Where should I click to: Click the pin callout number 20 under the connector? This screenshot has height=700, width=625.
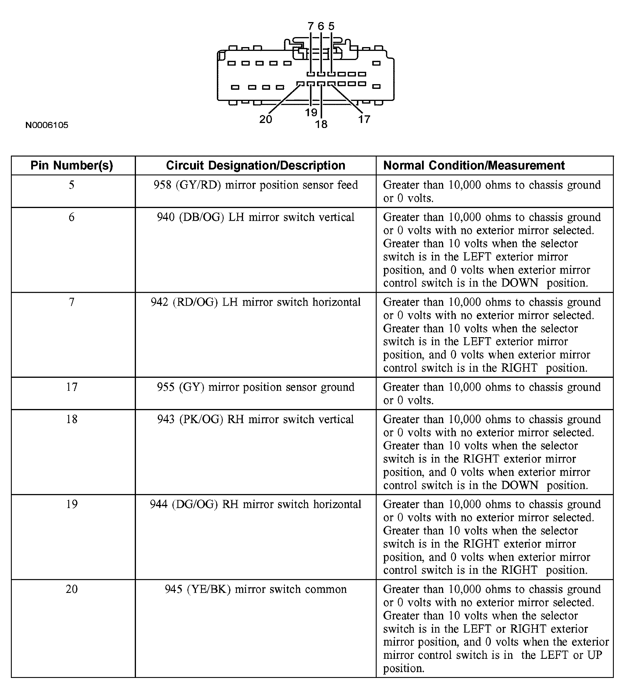tap(265, 119)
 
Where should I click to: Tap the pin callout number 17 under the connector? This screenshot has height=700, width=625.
tap(364, 119)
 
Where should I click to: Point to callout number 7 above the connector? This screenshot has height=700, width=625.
tap(310, 26)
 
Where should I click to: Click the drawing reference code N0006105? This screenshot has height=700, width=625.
tap(47, 125)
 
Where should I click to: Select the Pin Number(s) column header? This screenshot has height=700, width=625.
tap(72, 165)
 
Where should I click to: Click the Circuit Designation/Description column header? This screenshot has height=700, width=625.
tap(255, 165)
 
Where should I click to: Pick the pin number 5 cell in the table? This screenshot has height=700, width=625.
tap(72, 185)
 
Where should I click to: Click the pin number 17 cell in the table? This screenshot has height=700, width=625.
tap(72, 387)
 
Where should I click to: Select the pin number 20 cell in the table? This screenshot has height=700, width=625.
tap(72, 589)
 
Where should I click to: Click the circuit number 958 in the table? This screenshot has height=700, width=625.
tap(162, 185)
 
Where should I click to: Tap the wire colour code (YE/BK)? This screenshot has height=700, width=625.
tap(209, 589)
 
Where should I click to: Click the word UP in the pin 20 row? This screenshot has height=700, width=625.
tap(594, 655)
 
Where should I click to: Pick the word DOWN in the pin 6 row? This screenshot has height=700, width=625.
tap(520, 283)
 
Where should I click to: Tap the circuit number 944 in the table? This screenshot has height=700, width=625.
tap(159, 504)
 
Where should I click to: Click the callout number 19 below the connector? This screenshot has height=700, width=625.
tap(311, 113)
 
